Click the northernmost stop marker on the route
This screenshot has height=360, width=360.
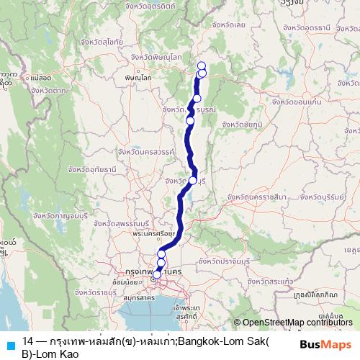tap(202, 66)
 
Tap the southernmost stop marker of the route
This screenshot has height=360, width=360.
tap(157, 274)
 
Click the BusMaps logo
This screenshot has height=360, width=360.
tap(325, 343)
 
